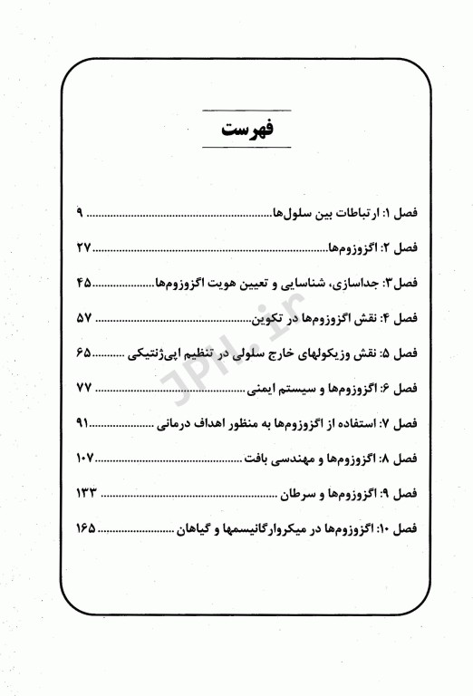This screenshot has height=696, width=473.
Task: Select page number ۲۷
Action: pyautogui.click(x=84, y=247)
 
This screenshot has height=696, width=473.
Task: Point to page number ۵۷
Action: pyautogui.click(x=84, y=317)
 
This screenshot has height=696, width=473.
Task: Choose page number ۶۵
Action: pyautogui.click(x=84, y=353)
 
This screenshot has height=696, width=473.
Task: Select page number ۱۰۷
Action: pyautogui.click(x=87, y=458)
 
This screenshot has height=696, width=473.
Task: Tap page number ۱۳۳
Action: pyautogui.click(x=87, y=492)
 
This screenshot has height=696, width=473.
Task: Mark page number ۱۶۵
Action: pyautogui.click(x=87, y=527)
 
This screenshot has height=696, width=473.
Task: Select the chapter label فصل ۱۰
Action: pyautogui.click(x=396, y=527)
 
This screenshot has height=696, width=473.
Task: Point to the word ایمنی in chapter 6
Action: pyautogui.click(x=265, y=389)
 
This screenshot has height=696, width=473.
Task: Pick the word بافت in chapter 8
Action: pyautogui.click(x=256, y=459)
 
